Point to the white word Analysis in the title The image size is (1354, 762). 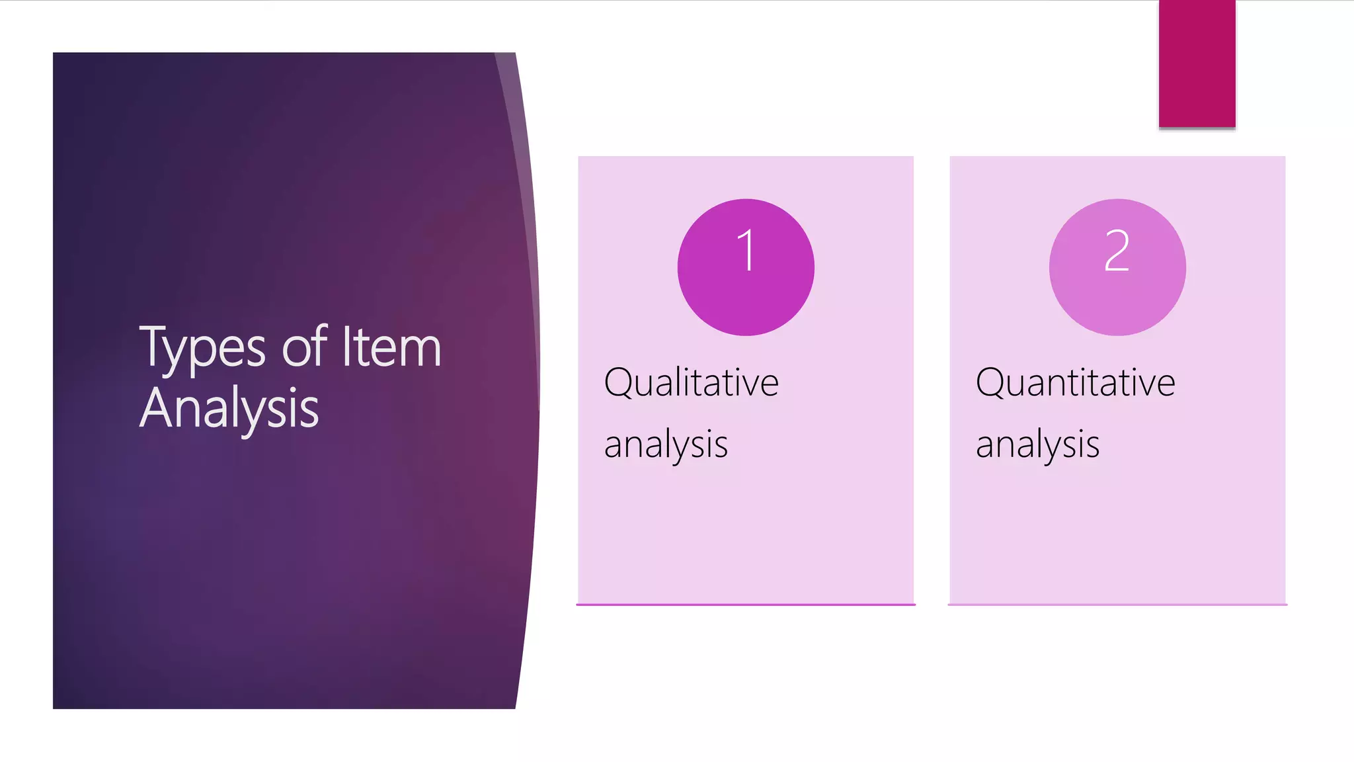point(229,409)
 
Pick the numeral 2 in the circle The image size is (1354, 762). point(1117,251)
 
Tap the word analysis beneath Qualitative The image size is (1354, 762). point(666,444)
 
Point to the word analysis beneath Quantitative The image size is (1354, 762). point(1037,444)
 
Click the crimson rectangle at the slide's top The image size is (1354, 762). point(1197,63)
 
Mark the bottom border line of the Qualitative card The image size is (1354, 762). point(746,604)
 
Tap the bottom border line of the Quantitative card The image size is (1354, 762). point(1117,604)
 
